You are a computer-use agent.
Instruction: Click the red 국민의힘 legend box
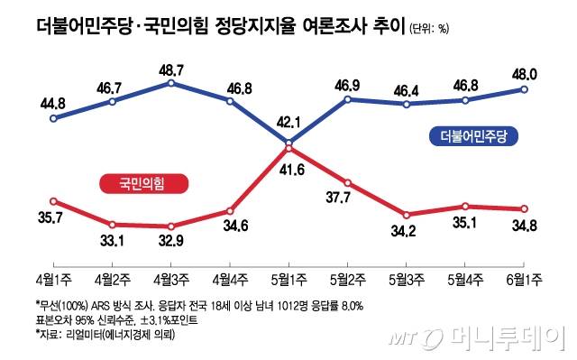click(x=136, y=184)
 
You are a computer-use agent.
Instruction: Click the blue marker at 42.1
click(x=288, y=143)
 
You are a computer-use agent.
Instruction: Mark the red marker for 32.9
click(x=170, y=226)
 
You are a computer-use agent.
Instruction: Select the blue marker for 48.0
click(x=524, y=88)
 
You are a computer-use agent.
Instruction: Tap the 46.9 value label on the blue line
click(x=347, y=80)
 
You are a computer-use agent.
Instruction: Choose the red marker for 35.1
click(x=465, y=207)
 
